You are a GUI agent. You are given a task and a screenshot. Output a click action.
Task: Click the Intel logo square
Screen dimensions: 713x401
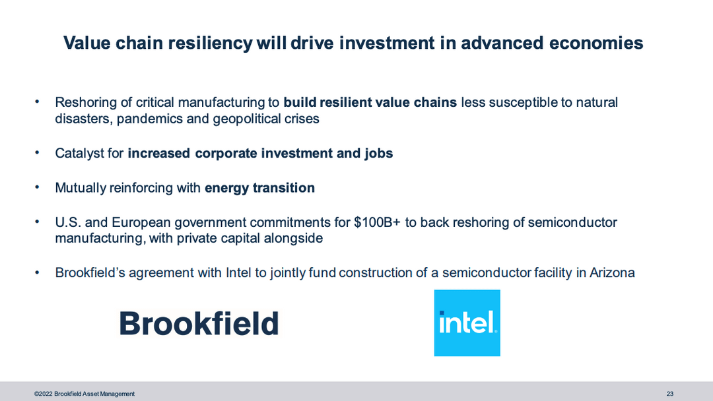tap(467, 323)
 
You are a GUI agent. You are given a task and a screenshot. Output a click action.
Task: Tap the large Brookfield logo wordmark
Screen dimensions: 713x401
tap(199, 324)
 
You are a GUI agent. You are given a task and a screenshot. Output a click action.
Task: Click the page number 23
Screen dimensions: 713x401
tap(670, 394)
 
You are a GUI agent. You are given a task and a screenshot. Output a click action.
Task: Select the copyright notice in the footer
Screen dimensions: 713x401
tap(84, 394)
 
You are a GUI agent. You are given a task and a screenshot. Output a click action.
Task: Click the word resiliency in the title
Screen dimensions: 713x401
tap(210, 43)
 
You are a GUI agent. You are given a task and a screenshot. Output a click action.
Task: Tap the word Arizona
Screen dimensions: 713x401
tap(612, 272)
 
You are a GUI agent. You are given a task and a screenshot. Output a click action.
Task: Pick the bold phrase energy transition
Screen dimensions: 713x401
tap(259, 187)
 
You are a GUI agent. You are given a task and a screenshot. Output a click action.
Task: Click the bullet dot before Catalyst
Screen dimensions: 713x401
tap(37, 152)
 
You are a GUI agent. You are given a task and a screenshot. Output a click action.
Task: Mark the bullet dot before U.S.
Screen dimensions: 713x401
tap(37, 222)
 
